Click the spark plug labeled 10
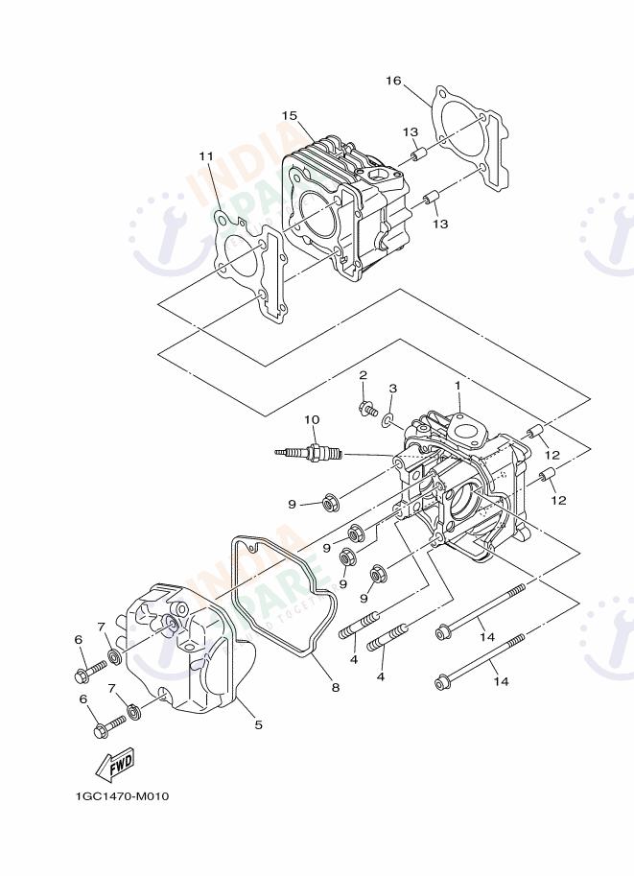click(x=310, y=452)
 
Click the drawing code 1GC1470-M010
click(x=122, y=796)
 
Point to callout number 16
click(x=393, y=80)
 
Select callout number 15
click(x=290, y=116)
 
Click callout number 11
click(x=206, y=155)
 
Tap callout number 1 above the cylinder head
click(x=458, y=385)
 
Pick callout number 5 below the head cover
click(x=258, y=725)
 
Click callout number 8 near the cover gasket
click(x=335, y=687)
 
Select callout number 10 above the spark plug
click(x=311, y=419)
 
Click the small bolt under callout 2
click(x=366, y=410)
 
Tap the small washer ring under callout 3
click(x=387, y=420)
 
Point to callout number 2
click(x=364, y=375)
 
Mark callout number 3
click(x=392, y=389)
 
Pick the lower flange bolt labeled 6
click(x=108, y=726)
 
